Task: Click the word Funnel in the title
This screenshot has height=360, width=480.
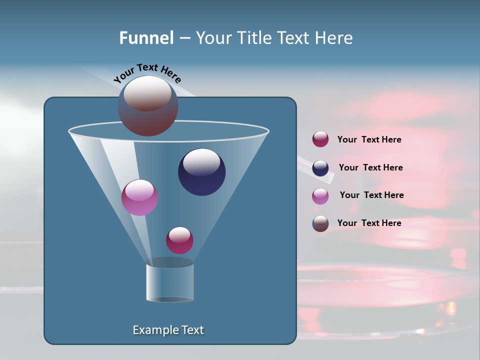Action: pyautogui.click(x=146, y=38)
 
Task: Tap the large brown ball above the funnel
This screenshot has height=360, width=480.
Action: pyautogui.click(x=148, y=105)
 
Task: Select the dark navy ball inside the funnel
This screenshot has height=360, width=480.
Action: pyautogui.click(x=201, y=172)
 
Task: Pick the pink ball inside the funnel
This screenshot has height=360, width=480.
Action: pyautogui.click(x=139, y=197)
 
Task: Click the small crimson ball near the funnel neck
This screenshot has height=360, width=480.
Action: pyautogui.click(x=179, y=240)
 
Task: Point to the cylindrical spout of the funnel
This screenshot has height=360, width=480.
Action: pyautogui.click(x=170, y=282)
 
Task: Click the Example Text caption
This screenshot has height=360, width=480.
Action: pyautogui.click(x=168, y=330)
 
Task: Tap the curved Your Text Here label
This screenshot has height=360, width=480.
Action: pyautogui.click(x=147, y=73)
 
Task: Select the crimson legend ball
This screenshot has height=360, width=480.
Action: pyautogui.click(x=320, y=139)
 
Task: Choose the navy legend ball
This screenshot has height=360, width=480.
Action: pyautogui.click(x=320, y=168)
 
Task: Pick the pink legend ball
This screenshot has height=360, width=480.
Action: pyautogui.click(x=320, y=195)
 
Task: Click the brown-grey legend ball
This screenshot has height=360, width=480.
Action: pyautogui.click(x=320, y=223)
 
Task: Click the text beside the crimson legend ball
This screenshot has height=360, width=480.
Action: pyautogui.click(x=369, y=140)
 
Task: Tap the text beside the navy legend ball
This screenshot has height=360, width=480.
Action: pyautogui.click(x=370, y=168)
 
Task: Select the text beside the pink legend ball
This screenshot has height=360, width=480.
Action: pyautogui.click(x=371, y=195)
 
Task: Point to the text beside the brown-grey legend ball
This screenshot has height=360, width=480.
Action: pyautogui.click(x=369, y=223)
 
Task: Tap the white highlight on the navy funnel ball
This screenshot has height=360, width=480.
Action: pyautogui.click(x=201, y=162)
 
